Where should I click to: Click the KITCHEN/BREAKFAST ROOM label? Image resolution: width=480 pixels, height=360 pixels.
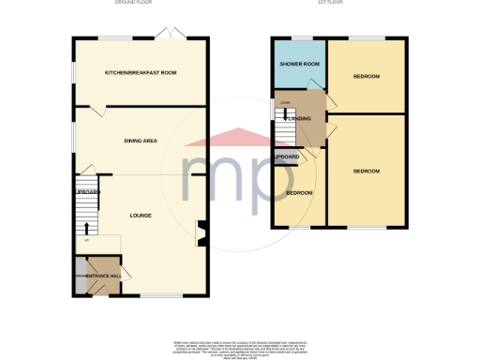click(x=142, y=72)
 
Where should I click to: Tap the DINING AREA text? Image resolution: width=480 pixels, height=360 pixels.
click(x=141, y=141)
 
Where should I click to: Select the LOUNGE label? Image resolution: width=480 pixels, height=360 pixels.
click(x=141, y=216)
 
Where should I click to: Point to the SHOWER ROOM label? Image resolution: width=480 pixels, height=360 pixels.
click(x=298, y=64)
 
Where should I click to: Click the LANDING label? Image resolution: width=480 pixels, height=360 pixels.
click(x=299, y=118)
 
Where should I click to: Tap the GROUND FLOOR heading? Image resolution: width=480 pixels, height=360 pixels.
click(x=133, y=4)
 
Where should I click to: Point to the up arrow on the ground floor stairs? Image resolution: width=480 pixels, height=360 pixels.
click(x=87, y=226)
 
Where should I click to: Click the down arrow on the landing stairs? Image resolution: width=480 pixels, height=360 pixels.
click(x=278, y=116)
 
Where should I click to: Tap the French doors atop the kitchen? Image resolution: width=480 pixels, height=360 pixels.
click(x=172, y=34)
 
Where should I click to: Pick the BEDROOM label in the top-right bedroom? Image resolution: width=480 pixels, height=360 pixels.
click(x=366, y=76)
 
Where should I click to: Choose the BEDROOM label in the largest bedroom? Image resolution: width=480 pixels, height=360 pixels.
click(x=366, y=172)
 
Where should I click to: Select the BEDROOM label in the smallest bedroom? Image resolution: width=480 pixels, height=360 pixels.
click(x=299, y=193)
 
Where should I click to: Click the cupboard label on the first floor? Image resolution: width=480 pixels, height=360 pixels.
click(x=286, y=156)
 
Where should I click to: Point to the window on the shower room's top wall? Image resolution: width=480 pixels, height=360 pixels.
click(x=298, y=37)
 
